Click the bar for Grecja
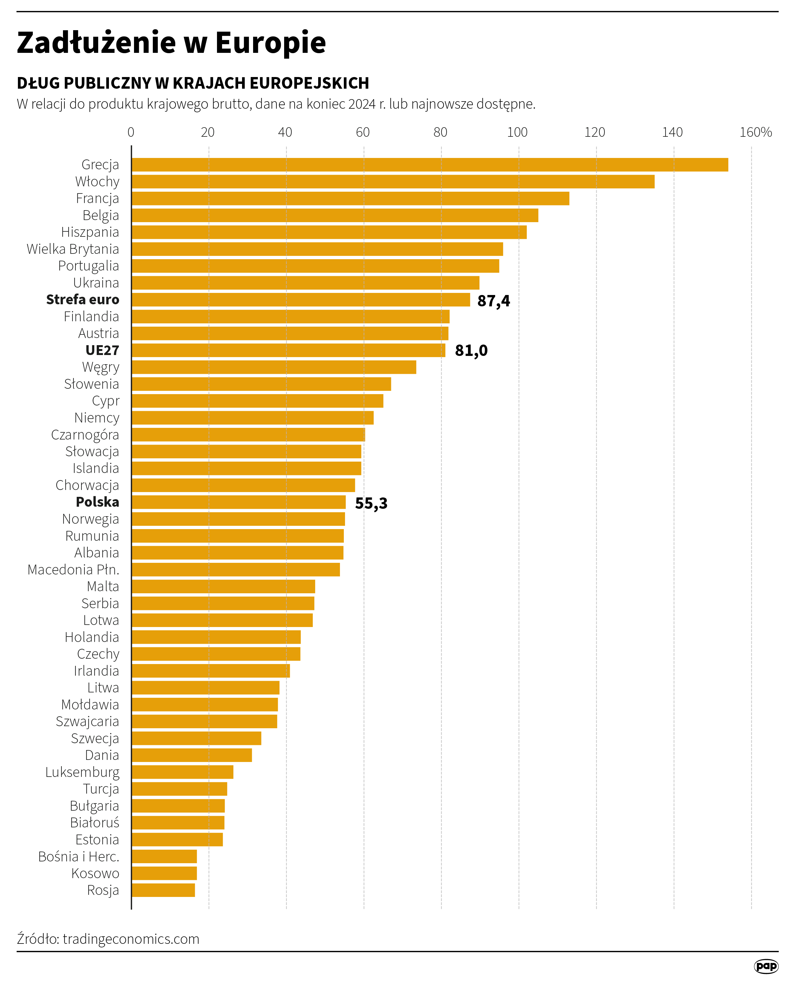point(430,165)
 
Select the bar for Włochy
point(393,182)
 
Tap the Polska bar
point(238,502)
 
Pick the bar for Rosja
point(163,890)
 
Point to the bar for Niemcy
point(252,418)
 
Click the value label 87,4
point(493,301)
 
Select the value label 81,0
point(471,351)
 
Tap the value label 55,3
point(371,503)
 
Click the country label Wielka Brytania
point(73,249)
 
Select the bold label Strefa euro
point(83,299)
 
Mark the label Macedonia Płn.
point(73,570)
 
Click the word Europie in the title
point(270,43)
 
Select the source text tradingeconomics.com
point(131,939)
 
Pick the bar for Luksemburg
point(182,772)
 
